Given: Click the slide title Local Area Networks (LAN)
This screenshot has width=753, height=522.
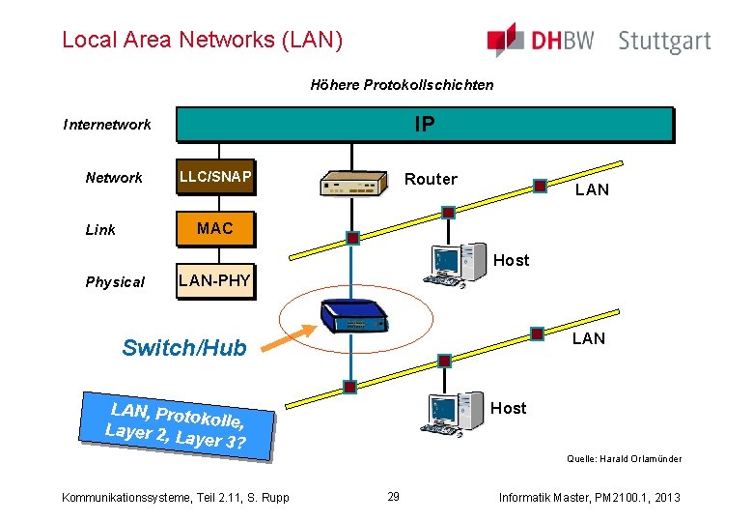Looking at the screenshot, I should point(202,40).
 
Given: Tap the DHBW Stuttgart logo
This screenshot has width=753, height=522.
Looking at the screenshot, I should point(599,41).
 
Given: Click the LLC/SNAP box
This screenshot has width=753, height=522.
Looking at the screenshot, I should point(215,177).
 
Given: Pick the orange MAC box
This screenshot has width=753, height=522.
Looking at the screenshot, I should point(214,228).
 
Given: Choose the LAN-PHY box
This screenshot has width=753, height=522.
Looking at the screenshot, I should point(214,280).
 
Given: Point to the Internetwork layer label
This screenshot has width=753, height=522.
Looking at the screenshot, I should point(107,125).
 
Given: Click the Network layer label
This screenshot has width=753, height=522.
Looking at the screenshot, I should point(114,178).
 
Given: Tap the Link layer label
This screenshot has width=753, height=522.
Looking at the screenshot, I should point(100,230).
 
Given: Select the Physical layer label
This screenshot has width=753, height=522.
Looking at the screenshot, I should point(115,282).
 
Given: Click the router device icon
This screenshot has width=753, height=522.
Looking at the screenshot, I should point(352,184).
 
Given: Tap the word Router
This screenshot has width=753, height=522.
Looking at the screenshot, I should point(431,179).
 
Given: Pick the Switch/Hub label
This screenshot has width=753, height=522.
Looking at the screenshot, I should point(184,348).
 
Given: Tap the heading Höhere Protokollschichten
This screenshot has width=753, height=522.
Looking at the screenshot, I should point(402,85).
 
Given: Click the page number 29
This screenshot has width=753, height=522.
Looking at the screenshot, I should point(393,497).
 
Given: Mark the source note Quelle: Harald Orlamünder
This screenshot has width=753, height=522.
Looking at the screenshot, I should point(624,459).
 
